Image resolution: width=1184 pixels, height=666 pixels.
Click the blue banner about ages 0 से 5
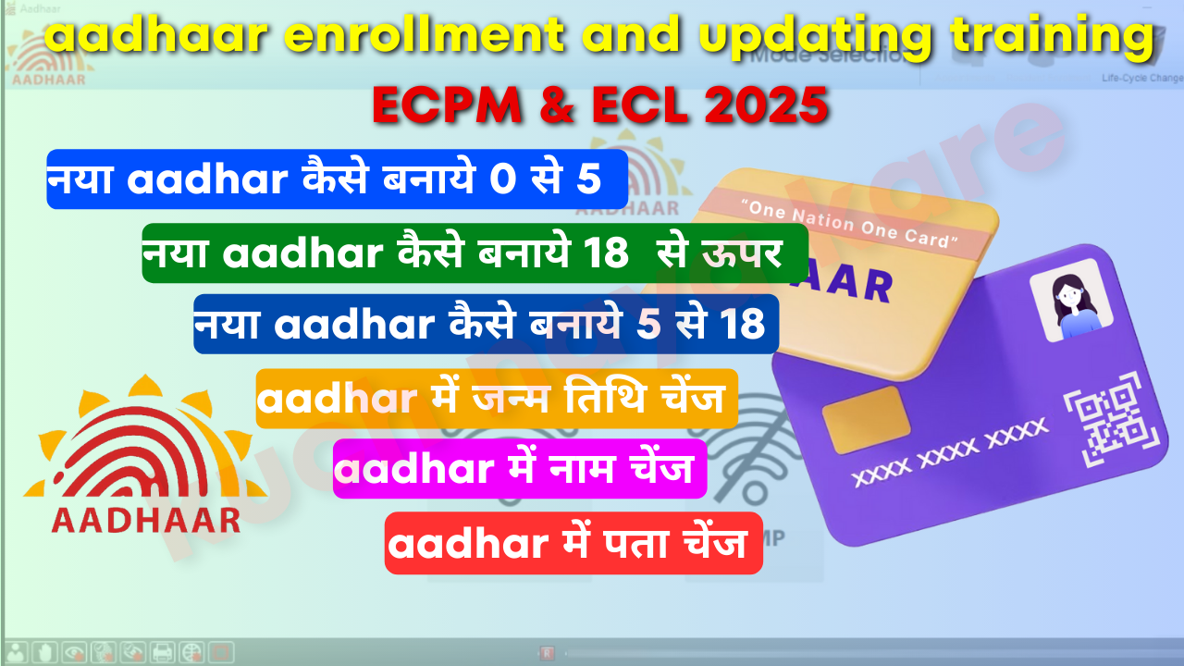coord(337,179)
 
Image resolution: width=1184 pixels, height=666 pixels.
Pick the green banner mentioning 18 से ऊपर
coord(475,252)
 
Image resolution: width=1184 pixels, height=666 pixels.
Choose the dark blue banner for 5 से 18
coord(486,324)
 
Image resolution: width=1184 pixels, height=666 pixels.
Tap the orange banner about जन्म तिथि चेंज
coord(497,400)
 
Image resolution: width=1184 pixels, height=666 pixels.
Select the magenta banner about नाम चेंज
coord(520,471)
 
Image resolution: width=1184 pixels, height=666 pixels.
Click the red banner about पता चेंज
coord(573,544)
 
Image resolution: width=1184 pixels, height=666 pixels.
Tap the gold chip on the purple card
coord(859,420)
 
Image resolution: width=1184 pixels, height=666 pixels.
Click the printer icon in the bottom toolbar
coord(163,651)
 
